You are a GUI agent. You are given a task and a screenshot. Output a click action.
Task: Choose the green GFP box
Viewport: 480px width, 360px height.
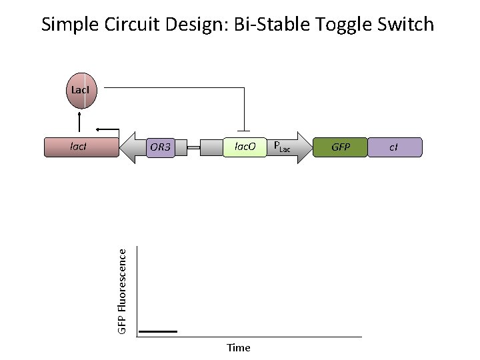pyautogui.click(x=341, y=147)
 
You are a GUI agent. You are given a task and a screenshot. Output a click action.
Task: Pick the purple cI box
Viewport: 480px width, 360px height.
pyautogui.click(x=394, y=147)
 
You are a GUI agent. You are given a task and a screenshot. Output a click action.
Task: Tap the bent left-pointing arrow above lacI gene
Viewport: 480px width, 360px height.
pyautogui.click(x=107, y=129)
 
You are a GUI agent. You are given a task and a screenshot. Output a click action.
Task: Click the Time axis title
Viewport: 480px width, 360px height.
pyautogui.click(x=238, y=347)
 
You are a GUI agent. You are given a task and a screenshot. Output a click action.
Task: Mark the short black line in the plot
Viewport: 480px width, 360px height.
pyautogui.click(x=158, y=331)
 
